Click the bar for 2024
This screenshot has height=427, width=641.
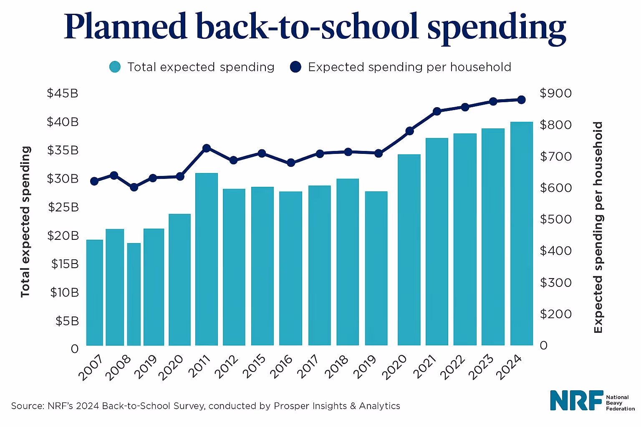tap(521, 234)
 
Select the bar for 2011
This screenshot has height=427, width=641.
tap(207, 259)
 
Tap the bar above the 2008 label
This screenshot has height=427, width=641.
tap(134, 294)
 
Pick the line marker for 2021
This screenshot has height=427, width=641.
tap(437, 111)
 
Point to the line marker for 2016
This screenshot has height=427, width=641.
tap(291, 163)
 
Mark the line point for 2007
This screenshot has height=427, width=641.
tap(94, 181)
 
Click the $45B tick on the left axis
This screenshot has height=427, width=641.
tap(63, 93)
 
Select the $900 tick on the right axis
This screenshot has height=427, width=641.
tap(555, 93)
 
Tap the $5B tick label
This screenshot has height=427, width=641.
tap(67, 321)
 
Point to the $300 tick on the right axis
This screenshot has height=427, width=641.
tap(555, 283)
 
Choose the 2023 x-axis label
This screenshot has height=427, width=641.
tap(481, 367)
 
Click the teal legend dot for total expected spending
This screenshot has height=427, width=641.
tap(115, 67)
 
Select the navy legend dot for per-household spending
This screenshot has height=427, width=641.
tap(295, 67)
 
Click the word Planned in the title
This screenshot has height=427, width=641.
tap(125, 28)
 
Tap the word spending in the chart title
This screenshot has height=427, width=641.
tap(497, 28)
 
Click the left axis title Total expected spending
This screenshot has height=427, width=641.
tap(26, 221)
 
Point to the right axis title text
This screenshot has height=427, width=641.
tap(598, 227)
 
